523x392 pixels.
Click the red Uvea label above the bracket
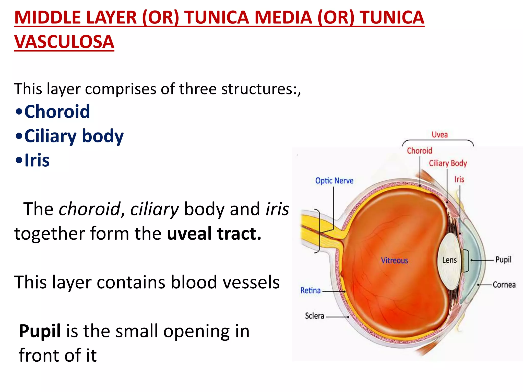439,134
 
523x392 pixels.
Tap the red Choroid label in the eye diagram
419,151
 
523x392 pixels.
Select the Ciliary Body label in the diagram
448,163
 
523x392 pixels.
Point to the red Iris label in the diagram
459,179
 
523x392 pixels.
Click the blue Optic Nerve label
334,181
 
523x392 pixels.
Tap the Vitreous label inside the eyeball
394,260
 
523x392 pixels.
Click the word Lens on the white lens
449,260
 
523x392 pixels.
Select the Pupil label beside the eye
503,260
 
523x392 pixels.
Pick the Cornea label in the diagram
504,285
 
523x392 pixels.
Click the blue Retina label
310,290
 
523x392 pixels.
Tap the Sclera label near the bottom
314,316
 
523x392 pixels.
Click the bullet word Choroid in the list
57,112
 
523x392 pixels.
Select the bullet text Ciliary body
74,136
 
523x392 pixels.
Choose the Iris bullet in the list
37,161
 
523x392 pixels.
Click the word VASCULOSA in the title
64,42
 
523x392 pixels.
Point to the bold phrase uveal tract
214,233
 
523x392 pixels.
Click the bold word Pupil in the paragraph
40,331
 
